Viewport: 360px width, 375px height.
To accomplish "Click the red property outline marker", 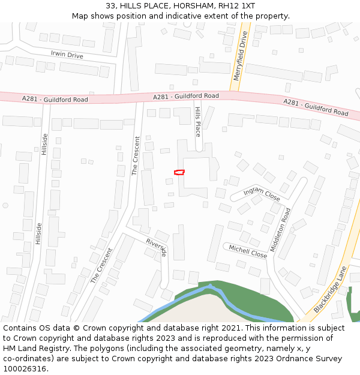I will coord(179,172).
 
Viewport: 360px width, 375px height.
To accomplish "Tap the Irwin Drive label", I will coord(67,55).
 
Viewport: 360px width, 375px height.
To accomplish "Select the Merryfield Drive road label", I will coord(239,56).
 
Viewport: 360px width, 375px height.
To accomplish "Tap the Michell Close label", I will coord(248,251).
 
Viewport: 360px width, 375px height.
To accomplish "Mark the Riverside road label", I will coord(156,247).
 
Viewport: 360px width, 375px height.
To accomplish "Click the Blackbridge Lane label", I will coord(331,289).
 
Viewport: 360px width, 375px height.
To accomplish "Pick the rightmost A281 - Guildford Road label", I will coord(316,107).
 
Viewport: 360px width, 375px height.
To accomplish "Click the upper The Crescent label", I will coord(136,156).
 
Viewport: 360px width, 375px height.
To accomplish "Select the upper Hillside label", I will coord(44,144).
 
